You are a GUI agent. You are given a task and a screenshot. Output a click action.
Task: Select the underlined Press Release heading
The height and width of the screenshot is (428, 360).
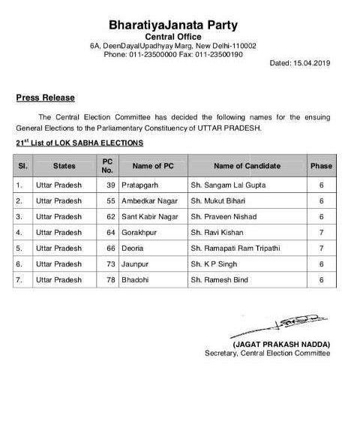tap(45, 98)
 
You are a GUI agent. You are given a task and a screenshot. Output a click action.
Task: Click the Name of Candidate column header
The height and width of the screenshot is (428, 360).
tap(247, 165)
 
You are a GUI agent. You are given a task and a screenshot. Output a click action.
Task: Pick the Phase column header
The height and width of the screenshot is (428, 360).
tap(321, 165)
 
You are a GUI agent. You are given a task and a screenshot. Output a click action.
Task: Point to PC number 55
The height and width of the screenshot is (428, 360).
tap(105, 200)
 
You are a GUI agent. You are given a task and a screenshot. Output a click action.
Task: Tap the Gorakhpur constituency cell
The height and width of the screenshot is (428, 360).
tap(137, 233)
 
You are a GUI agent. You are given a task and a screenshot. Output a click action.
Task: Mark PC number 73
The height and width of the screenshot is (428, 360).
tap(105, 265)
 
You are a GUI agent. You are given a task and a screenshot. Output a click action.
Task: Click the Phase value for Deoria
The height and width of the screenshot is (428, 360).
tap(321, 249)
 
